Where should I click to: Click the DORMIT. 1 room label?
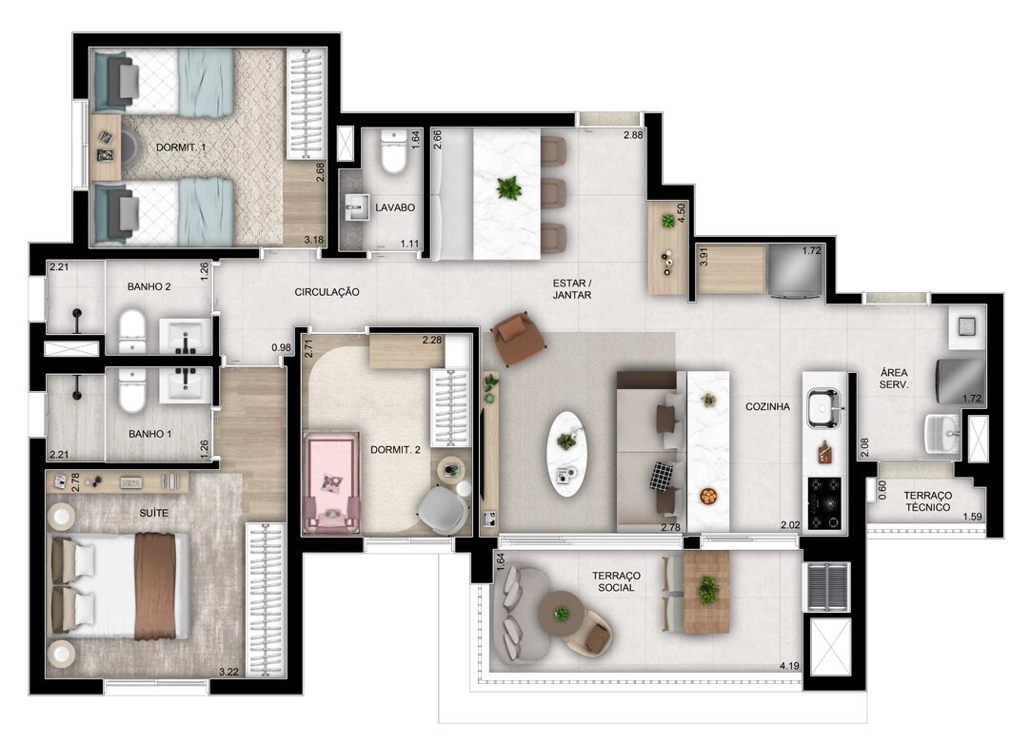click(x=181, y=147)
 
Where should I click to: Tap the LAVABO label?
click(x=395, y=207)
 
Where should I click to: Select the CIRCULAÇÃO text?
click(x=327, y=292)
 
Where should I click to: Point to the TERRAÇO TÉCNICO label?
click(x=927, y=501)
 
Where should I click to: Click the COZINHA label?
click(x=767, y=406)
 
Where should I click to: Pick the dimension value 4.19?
click(x=789, y=665)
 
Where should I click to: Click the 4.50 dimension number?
click(x=682, y=213)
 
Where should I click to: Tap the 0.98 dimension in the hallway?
click(x=281, y=347)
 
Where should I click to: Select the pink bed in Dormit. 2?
click(x=330, y=483)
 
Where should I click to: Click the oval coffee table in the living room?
click(x=566, y=454)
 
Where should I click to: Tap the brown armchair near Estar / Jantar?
click(x=519, y=337)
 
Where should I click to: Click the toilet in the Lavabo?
click(x=394, y=152)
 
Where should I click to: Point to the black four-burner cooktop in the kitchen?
click(x=824, y=503)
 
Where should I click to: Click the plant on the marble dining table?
click(x=508, y=189)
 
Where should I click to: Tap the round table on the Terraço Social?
click(x=561, y=615)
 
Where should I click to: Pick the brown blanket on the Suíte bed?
click(x=155, y=586)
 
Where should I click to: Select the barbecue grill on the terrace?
click(x=828, y=586)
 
